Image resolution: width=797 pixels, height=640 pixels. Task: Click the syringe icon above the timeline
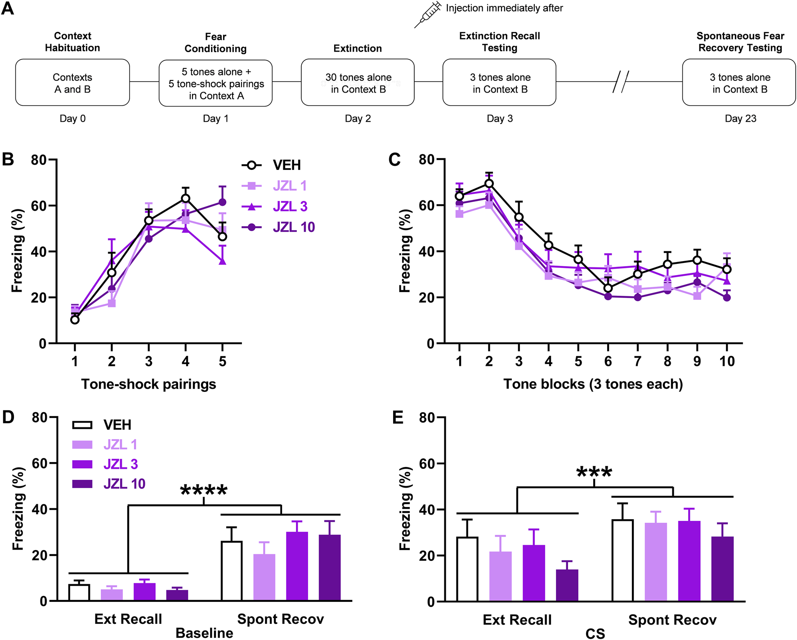(428, 14)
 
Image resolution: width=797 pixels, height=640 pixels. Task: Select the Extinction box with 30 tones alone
(358, 83)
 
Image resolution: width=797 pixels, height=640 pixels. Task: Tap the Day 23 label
(740, 119)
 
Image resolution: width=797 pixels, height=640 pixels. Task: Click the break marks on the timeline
(621, 82)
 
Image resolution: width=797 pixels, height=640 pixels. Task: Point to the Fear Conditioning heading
(215, 43)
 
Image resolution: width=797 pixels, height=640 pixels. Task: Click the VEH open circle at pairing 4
(185, 199)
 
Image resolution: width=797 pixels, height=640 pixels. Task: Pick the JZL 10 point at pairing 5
(222, 202)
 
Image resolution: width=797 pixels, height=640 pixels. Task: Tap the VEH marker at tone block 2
(489, 183)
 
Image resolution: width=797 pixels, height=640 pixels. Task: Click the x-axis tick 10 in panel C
(727, 361)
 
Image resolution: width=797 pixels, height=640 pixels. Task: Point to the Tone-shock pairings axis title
(148, 384)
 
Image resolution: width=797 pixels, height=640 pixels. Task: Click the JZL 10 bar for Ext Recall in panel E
(567, 585)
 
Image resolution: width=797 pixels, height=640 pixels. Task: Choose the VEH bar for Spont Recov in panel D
(232, 571)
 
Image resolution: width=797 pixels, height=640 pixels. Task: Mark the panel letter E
(398, 418)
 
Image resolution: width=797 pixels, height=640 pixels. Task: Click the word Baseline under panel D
(204, 633)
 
